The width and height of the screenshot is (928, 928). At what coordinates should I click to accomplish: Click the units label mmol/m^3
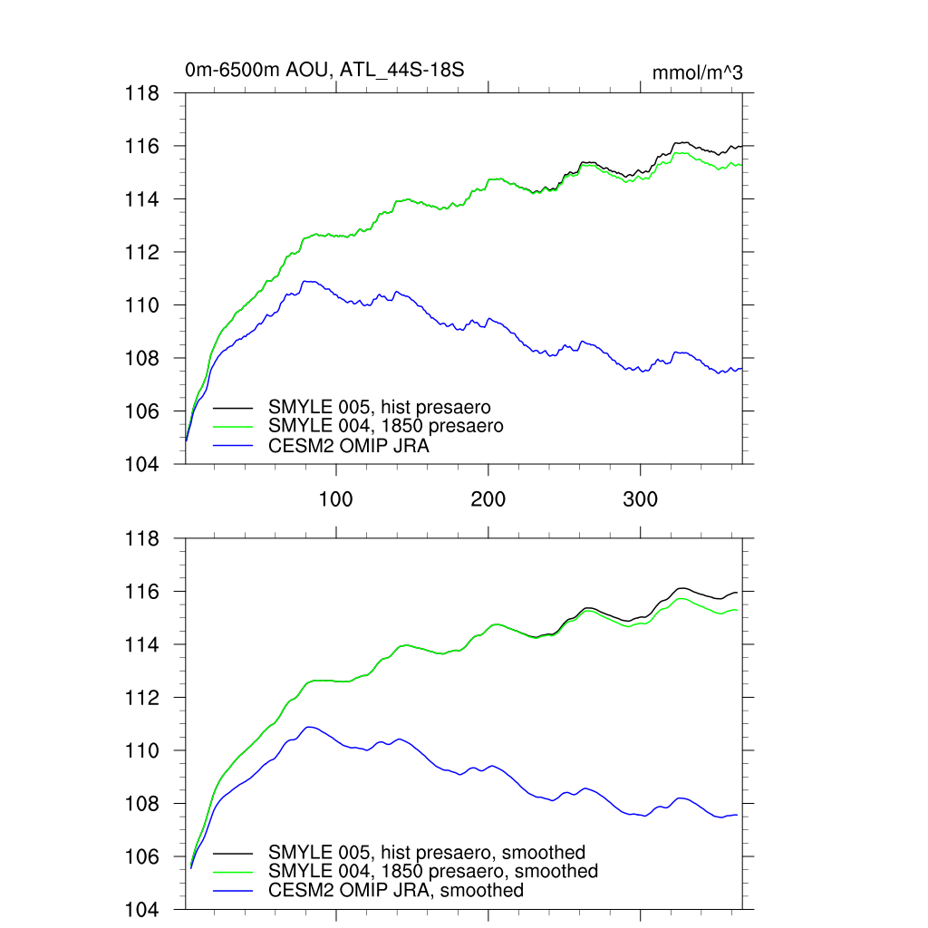(697, 73)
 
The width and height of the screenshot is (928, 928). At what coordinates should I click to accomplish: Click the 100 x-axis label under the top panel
(336, 499)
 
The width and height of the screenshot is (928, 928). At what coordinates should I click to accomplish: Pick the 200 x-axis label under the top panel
(488, 499)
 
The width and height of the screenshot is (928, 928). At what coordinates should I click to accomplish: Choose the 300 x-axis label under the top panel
(641, 499)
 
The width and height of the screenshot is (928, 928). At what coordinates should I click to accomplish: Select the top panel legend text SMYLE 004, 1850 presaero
(385, 425)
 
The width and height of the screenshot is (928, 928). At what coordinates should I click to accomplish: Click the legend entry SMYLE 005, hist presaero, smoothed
(427, 853)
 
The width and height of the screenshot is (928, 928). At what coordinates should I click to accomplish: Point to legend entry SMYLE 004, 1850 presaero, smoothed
(433, 871)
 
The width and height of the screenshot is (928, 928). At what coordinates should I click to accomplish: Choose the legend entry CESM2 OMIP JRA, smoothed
(396, 890)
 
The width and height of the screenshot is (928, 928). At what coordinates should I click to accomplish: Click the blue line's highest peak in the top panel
(308, 281)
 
